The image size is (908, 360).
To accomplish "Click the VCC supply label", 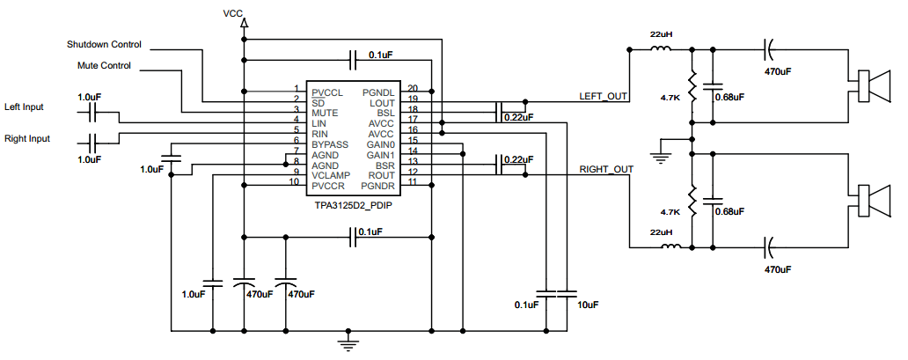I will (233, 14).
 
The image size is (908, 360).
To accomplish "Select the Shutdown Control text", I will (104, 44).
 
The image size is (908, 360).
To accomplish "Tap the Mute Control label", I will (104, 65).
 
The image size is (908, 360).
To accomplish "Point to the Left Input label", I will (25, 107).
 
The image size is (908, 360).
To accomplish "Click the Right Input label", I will (27, 138).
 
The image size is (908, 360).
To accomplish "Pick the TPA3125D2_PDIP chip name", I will (352, 203).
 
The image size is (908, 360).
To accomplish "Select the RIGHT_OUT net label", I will (606, 169).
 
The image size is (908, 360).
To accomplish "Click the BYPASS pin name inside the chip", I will (331, 144).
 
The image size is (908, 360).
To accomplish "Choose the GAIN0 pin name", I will (380, 143).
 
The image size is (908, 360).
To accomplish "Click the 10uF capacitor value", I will (587, 305).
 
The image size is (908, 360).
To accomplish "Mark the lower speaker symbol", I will (871, 200).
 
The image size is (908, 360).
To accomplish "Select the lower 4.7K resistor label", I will (670, 212).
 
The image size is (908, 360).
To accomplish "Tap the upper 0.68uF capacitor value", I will (729, 97).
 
